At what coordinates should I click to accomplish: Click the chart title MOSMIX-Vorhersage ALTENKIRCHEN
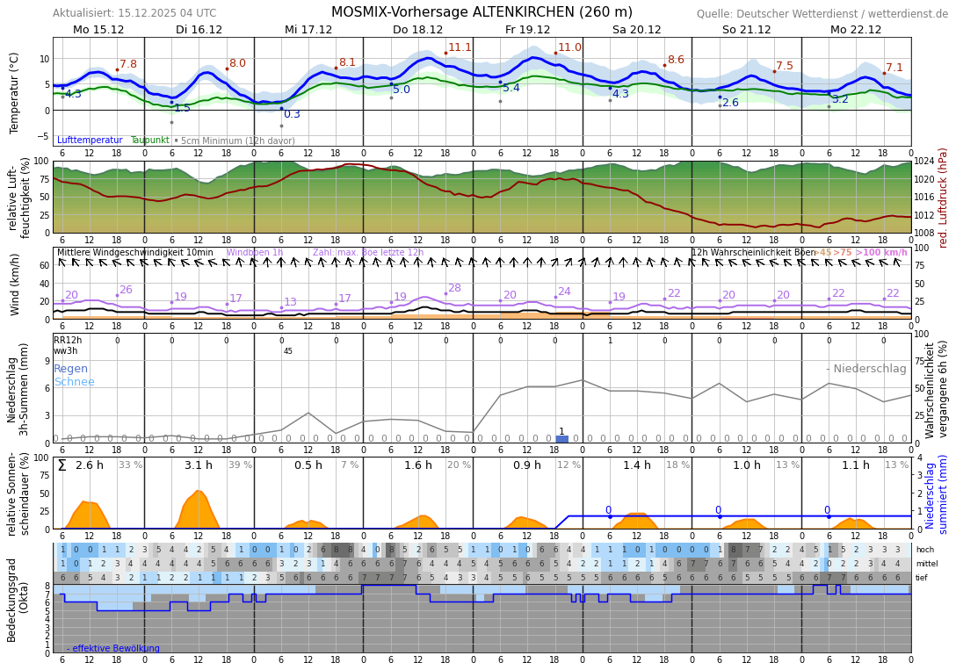482,12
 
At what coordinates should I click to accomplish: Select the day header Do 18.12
417,30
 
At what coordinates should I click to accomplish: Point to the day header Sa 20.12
636,30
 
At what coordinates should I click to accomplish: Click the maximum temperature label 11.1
460,47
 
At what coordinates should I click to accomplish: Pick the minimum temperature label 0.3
292,114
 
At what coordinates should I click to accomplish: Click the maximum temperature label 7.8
128,64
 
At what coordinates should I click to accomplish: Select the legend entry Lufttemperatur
90,140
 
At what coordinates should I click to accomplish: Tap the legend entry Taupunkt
149,140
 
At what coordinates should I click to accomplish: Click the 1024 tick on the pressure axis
924,162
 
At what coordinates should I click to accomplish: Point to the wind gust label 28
454,288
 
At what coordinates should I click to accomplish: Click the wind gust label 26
126,290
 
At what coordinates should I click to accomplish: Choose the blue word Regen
70,369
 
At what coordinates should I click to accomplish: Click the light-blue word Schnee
74,382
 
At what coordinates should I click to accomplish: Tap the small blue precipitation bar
561,438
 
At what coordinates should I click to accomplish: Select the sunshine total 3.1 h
199,465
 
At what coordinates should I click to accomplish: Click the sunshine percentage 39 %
240,465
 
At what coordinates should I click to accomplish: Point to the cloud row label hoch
924,550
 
